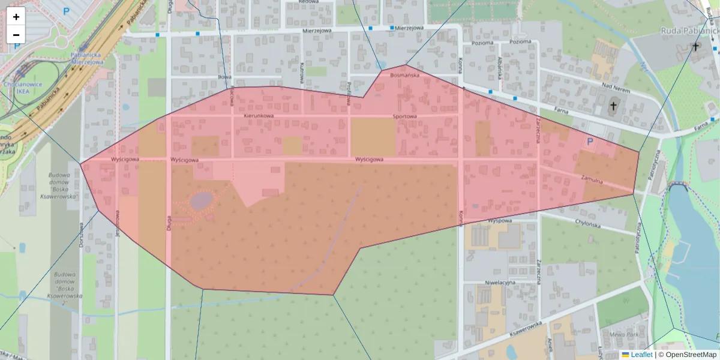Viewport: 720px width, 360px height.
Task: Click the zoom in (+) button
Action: click(16, 17)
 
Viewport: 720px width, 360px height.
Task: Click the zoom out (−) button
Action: click(16, 35)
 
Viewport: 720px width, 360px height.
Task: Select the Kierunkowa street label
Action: click(259, 116)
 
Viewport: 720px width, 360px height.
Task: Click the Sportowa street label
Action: click(404, 116)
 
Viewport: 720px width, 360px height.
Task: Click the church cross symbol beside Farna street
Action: click(613, 107)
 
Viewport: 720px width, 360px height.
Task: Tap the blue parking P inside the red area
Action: click(589, 142)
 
